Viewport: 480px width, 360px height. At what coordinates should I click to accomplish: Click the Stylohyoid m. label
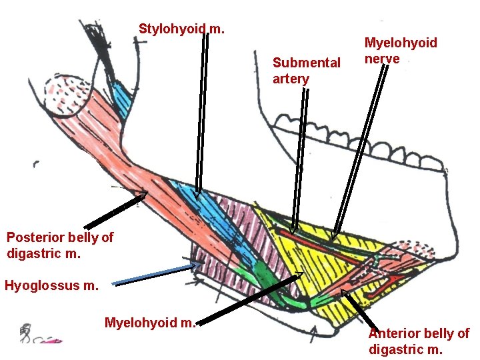pos(181,29)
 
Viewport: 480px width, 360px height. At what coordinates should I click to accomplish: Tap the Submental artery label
pos(306,71)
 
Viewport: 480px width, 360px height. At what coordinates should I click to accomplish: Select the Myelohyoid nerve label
pos(400,51)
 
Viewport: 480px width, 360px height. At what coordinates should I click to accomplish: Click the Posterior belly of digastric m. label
pos(60,245)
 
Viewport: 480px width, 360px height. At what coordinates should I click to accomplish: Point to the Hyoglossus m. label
pos(51,286)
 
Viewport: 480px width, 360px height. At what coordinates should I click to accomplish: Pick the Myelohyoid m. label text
pos(150,323)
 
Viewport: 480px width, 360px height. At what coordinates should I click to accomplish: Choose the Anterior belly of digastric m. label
pos(418,341)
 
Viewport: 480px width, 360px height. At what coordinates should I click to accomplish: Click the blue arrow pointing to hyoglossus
pos(157,274)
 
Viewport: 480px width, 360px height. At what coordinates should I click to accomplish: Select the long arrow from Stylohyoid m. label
pos(202,113)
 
